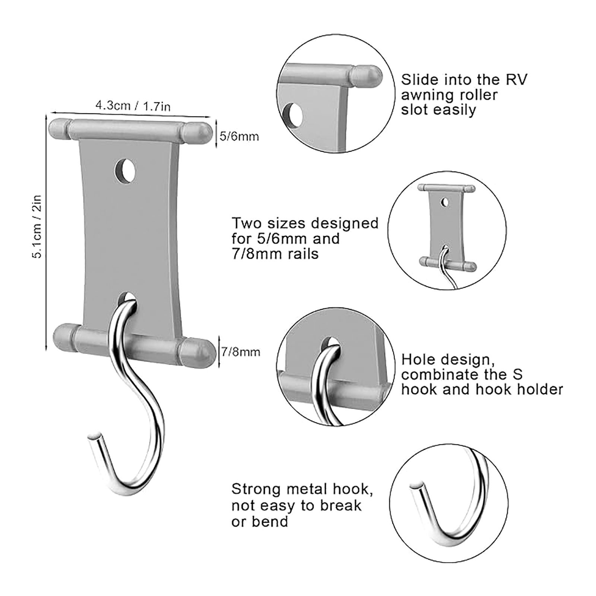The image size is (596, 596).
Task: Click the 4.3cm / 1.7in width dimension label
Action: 133,106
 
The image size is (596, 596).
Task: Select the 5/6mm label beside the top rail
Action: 239,136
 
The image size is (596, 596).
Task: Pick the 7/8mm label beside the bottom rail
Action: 241,352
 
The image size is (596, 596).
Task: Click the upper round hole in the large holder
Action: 125,171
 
